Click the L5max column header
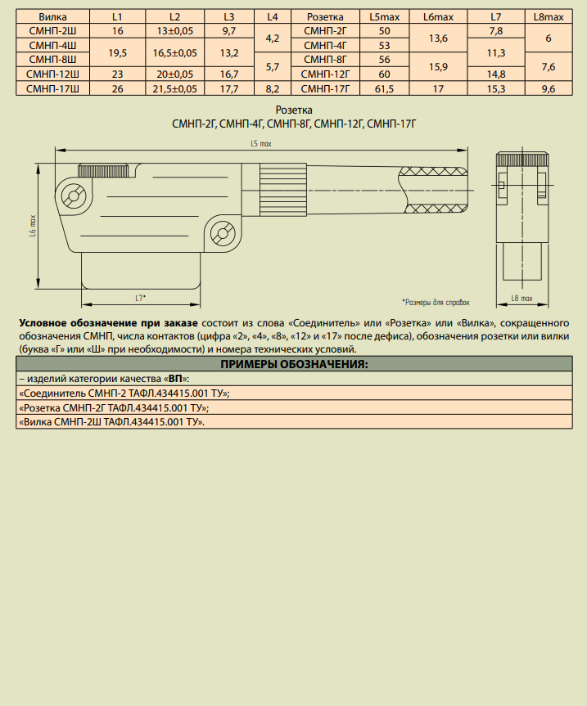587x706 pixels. pyautogui.click(x=385, y=16)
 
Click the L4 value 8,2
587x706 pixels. pyautogui.click(x=273, y=88)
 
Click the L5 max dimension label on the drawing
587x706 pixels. pyautogui.click(x=260, y=143)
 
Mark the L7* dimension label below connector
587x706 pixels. pyautogui.click(x=140, y=297)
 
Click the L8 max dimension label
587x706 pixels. pyautogui.click(x=521, y=299)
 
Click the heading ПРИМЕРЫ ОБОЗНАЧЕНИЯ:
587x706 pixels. pyautogui.click(x=294, y=364)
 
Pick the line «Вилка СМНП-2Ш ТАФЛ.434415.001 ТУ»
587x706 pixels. pyautogui.click(x=111, y=421)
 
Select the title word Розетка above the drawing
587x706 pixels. pyautogui.click(x=294, y=110)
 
